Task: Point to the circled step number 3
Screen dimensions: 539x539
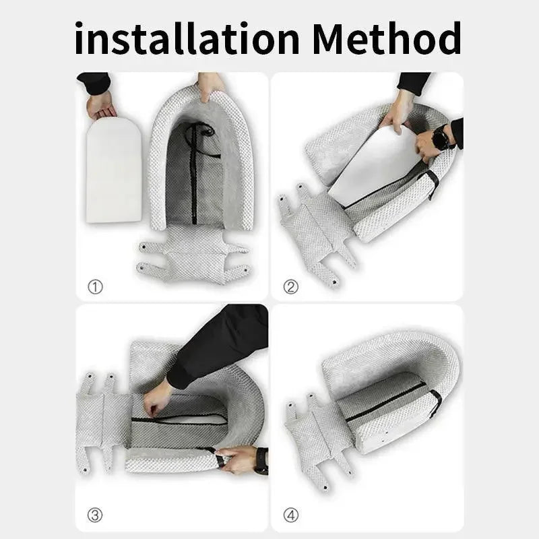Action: pyautogui.click(x=95, y=516)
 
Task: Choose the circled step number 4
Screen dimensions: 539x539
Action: pyautogui.click(x=291, y=516)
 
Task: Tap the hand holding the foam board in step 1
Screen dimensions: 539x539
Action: pyautogui.click(x=102, y=104)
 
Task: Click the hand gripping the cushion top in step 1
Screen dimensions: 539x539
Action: pyautogui.click(x=211, y=86)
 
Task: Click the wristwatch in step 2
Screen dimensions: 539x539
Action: pyautogui.click(x=442, y=139)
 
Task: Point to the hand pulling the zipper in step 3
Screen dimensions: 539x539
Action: pyautogui.click(x=157, y=398)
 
